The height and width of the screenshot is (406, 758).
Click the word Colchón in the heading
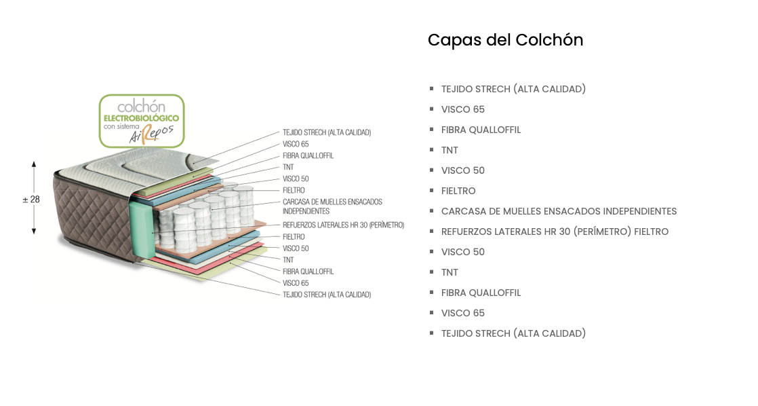click(x=549, y=40)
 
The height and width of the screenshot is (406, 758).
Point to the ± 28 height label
click(x=31, y=200)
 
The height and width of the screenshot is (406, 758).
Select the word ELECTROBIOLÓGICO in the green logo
click(x=141, y=118)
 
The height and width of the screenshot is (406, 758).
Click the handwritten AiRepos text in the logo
click(x=152, y=134)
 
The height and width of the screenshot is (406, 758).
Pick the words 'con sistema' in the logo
click(x=121, y=126)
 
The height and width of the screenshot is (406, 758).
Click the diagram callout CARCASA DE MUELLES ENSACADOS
click(x=332, y=202)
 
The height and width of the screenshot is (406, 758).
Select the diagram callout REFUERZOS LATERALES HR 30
click(x=343, y=225)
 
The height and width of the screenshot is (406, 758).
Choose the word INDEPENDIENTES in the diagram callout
click(x=306, y=211)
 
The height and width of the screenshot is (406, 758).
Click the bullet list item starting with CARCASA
click(x=559, y=211)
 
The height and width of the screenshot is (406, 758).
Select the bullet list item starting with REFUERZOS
click(x=555, y=232)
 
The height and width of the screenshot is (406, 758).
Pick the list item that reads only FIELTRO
click(x=458, y=191)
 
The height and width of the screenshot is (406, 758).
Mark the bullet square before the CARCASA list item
click(x=432, y=210)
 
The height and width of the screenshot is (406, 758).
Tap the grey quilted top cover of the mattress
click(x=136, y=166)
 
